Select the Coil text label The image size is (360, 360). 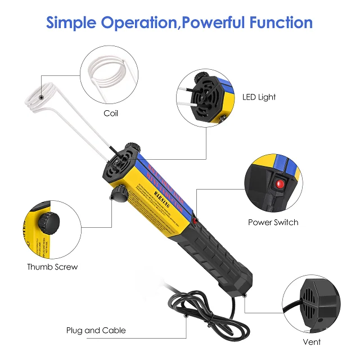[x=111, y=113]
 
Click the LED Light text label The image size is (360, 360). [x=259, y=97]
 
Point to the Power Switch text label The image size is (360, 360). [x=273, y=222]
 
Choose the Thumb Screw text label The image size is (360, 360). [x=52, y=267]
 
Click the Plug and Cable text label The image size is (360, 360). [x=96, y=330]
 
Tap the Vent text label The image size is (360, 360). [x=313, y=341]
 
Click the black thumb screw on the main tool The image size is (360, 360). [x=118, y=195]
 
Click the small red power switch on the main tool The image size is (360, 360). [x=195, y=223]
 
